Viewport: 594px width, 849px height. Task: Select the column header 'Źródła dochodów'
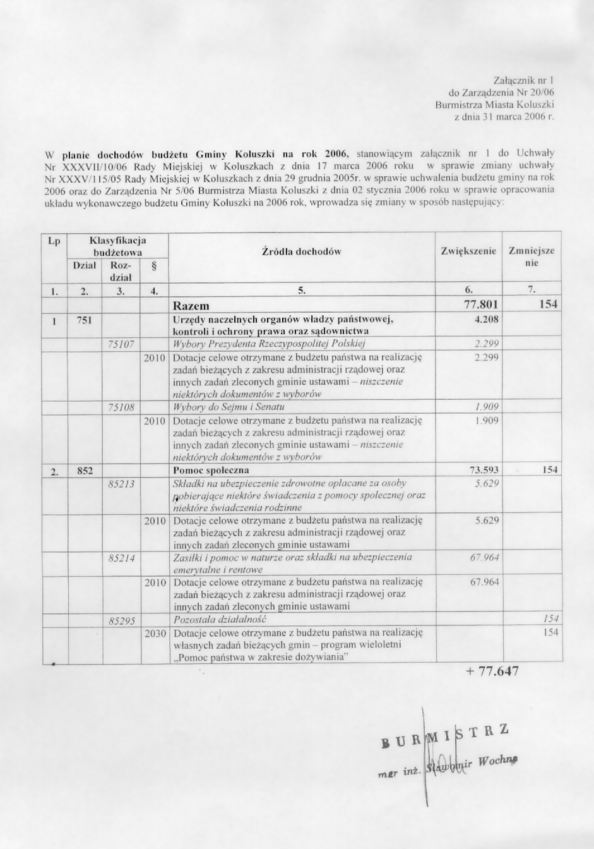(x=301, y=251)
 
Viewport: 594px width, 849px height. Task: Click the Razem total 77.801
(x=481, y=304)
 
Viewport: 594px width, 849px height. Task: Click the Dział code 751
(x=85, y=320)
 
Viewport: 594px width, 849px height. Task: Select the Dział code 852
(x=85, y=471)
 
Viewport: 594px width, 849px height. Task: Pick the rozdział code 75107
(x=121, y=344)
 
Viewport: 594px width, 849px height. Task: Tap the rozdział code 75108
(x=121, y=407)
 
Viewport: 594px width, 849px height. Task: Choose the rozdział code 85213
(x=121, y=484)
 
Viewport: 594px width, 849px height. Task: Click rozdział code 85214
(x=121, y=558)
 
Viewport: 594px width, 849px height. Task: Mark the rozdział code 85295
(x=121, y=620)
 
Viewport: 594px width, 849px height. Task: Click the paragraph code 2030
(x=155, y=632)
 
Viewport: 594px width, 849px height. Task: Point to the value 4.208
(x=486, y=320)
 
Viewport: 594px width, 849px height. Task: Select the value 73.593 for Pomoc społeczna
(x=484, y=471)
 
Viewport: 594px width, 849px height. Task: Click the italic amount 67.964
(x=484, y=557)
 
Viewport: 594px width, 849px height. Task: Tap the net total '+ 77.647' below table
(x=492, y=671)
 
